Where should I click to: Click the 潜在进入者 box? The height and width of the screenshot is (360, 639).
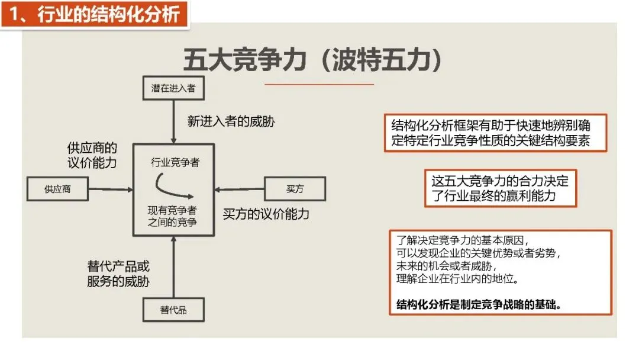(x=173, y=88)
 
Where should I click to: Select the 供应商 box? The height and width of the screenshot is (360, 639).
(x=57, y=189)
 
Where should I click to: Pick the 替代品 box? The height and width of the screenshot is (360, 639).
(x=173, y=310)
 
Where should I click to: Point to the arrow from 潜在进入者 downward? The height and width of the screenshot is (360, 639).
(x=173, y=122)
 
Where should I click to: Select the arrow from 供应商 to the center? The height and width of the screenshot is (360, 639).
(x=111, y=189)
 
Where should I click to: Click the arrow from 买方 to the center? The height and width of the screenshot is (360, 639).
(x=239, y=189)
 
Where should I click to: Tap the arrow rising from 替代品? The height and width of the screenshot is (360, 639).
(x=173, y=266)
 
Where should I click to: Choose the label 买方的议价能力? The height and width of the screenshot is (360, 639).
(x=266, y=214)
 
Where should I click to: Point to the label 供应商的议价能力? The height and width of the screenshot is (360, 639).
(x=92, y=156)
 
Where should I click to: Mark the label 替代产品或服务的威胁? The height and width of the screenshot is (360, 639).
(x=118, y=274)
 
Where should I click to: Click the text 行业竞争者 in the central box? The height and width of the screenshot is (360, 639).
(x=175, y=162)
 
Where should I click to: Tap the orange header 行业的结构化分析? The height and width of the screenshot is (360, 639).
(x=95, y=14)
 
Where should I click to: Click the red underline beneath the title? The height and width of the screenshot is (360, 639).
(x=319, y=85)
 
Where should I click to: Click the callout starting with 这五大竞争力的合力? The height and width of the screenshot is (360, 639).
(x=500, y=189)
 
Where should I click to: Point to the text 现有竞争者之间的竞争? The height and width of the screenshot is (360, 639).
(x=173, y=216)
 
